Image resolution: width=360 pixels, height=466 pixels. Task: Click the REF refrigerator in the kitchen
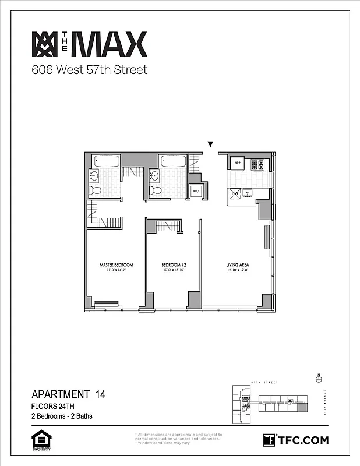click(x=238, y=164)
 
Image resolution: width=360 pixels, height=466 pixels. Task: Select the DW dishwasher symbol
click(x=235, y=195)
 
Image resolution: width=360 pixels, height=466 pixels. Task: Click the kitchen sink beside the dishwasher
click(x=248, y=195)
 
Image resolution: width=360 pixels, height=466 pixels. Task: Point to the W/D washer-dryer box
click(x=196, y=192)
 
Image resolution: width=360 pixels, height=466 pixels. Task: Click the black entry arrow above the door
click(x=211, y=144)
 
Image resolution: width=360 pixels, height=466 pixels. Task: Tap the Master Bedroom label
click(x=116, y=266)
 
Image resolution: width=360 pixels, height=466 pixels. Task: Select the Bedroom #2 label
click(x=173, y=266)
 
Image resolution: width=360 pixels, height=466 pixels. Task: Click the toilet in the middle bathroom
click(x=155, y=190)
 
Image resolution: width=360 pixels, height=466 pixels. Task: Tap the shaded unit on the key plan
click(x=301, y=408)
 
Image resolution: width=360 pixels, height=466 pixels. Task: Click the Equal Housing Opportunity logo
click(x=39, y=439)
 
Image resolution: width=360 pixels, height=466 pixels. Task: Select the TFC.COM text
click(x=303, y=440)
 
